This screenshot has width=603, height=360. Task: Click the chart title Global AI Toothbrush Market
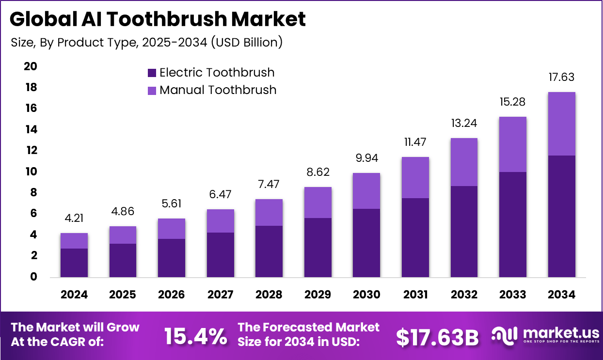[158, 19]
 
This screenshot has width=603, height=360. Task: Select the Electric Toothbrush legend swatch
[152, 73]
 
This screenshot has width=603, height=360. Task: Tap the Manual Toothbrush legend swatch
[152, 90]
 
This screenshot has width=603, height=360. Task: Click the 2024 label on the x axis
[74, 295]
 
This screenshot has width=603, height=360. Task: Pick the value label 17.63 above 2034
[562, 78]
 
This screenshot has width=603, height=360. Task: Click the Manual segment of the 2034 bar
[562, 124]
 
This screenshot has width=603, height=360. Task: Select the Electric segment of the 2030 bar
[366, 243]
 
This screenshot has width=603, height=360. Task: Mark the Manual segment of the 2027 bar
[220, 221]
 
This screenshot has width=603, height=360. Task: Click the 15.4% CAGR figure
[195, 336]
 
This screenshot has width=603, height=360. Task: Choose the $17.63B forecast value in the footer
[437, 337]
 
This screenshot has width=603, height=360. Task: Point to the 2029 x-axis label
[317, 295]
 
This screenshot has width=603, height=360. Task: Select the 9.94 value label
[366, 158]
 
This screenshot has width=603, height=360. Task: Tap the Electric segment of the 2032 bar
[464, 231]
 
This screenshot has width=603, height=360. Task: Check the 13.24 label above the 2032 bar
[464, 124]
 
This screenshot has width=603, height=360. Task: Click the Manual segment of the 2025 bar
[123, 235]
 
